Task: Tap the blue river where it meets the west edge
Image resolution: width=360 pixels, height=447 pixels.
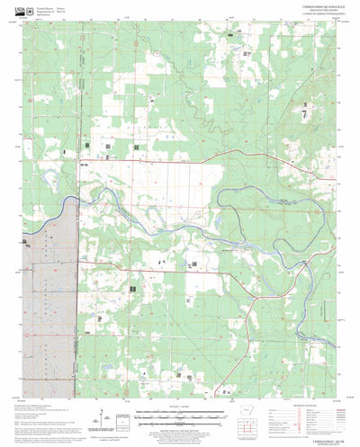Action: point(26,239)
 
